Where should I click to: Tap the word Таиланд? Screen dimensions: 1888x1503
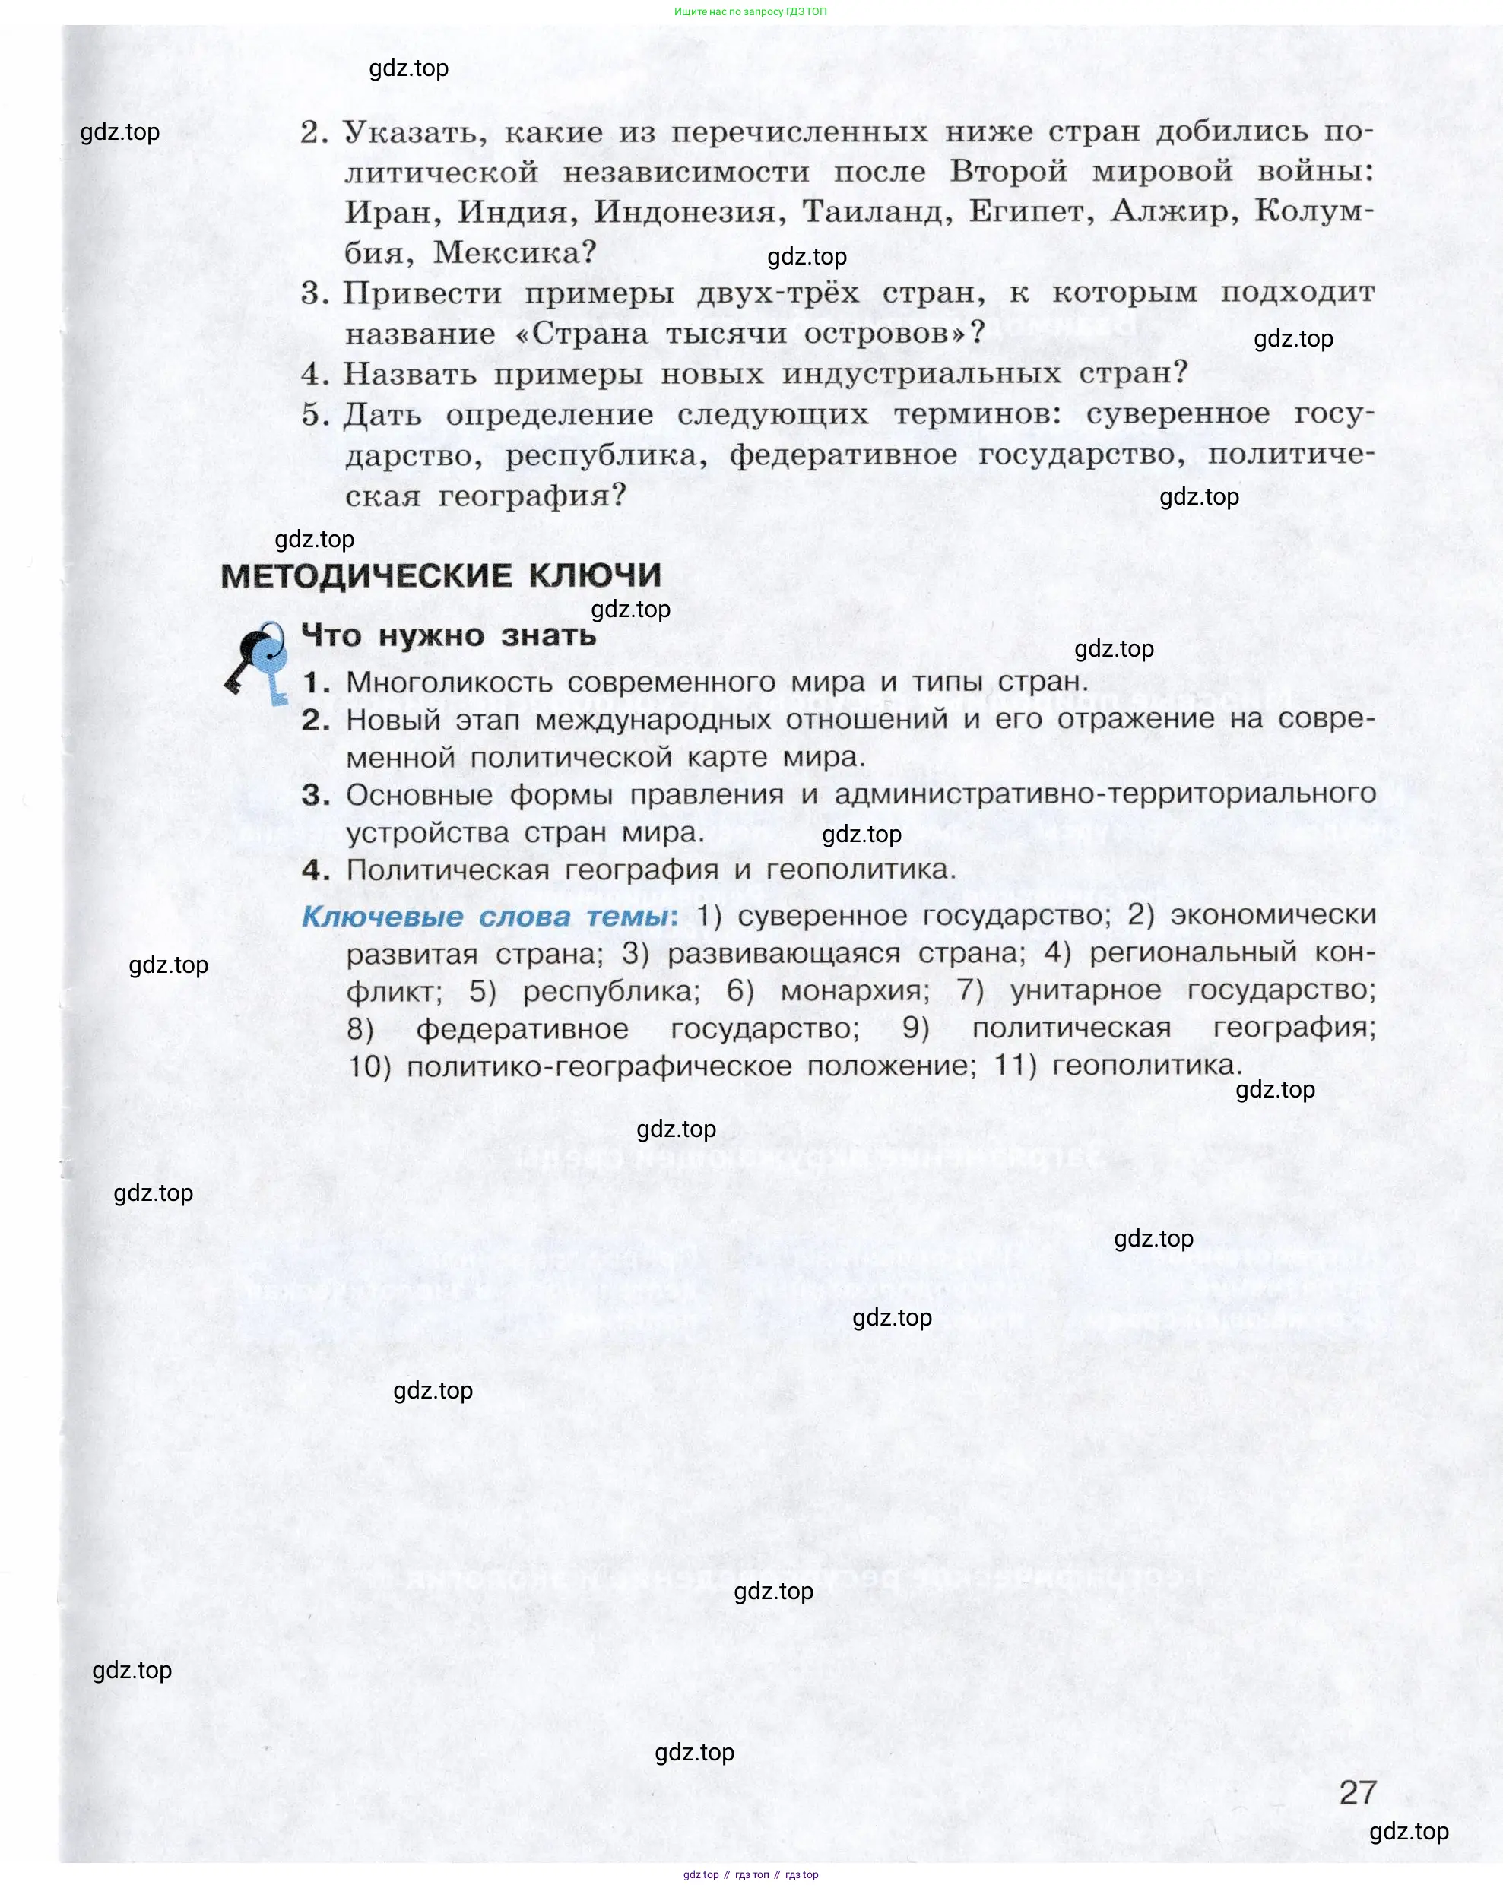pos(877,212)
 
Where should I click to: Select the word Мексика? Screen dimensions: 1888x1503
pos(514,253)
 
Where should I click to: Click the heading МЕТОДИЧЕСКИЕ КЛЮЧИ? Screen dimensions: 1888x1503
pos(441,576)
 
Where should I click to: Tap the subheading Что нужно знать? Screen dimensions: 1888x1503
pos(448,635)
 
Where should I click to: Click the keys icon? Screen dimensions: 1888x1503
pos(257,661)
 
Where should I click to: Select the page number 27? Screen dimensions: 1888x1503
pos(1358,1791)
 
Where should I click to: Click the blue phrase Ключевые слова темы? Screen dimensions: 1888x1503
pos(489,917)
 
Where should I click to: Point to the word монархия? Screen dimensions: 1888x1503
pos(855,991)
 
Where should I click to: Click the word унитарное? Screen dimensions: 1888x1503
pos(1085,991)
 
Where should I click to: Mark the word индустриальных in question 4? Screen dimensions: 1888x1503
pos(921,374)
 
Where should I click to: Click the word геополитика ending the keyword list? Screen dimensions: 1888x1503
pos(1146,1066)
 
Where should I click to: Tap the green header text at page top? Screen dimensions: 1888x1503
pos(750,11)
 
